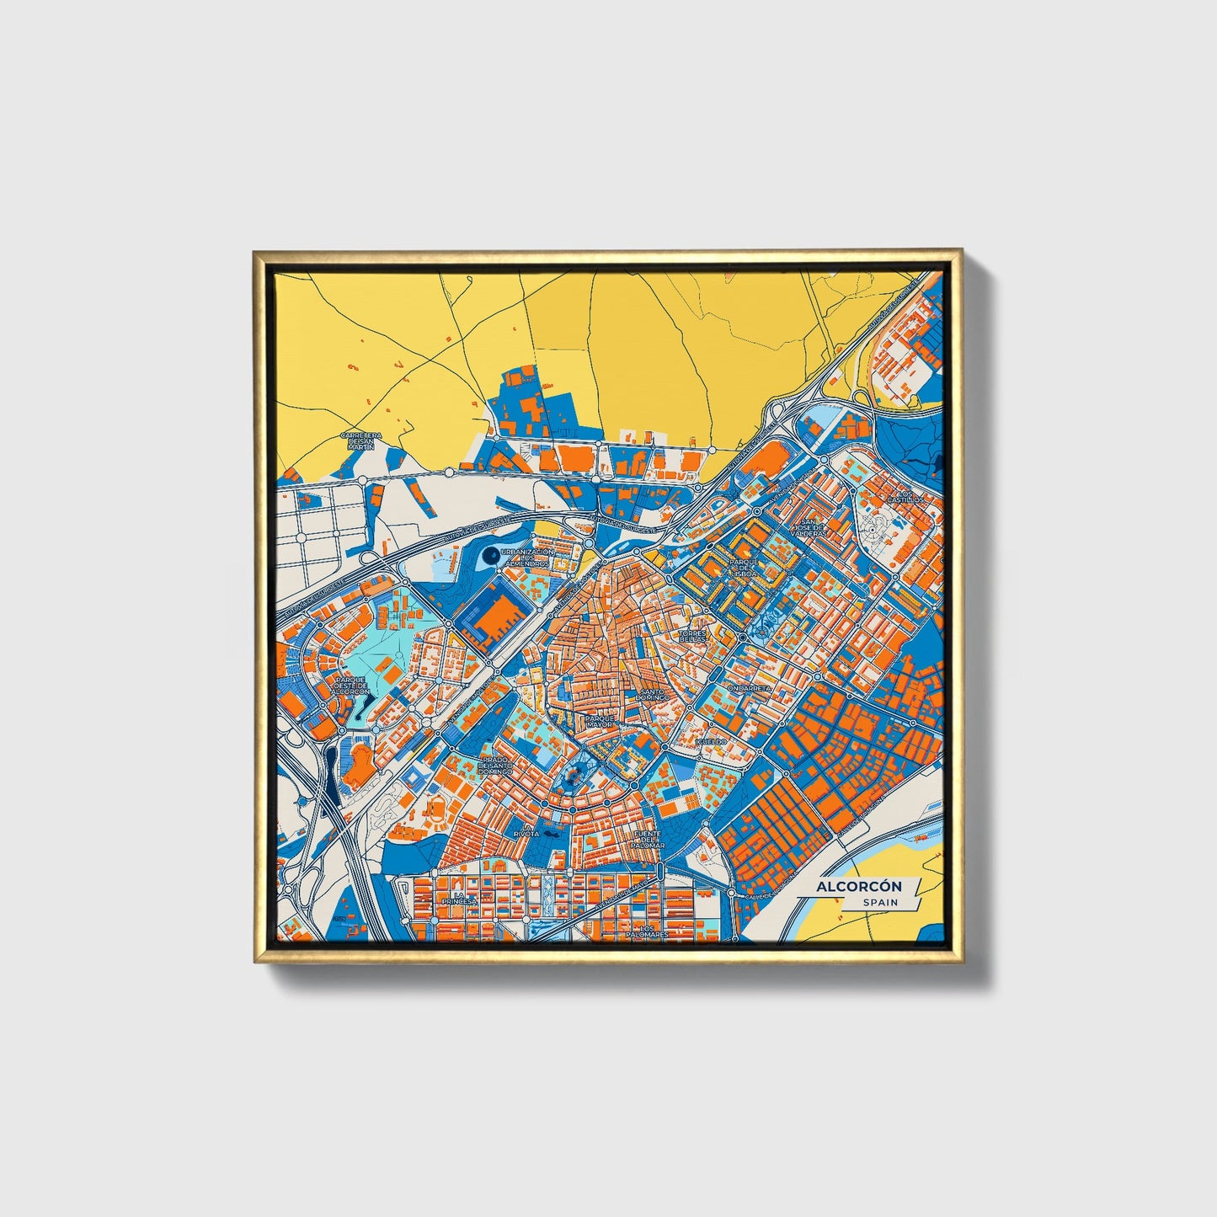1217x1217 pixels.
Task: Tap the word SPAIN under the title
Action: tap(879, 903)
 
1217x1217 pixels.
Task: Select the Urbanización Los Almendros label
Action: tap(526, 558)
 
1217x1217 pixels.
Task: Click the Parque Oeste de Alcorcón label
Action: tap(351, 684)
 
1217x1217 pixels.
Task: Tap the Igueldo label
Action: tap(710, 741)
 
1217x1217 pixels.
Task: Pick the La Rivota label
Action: tap(527, 830)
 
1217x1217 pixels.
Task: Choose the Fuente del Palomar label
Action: tap(649, 839)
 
